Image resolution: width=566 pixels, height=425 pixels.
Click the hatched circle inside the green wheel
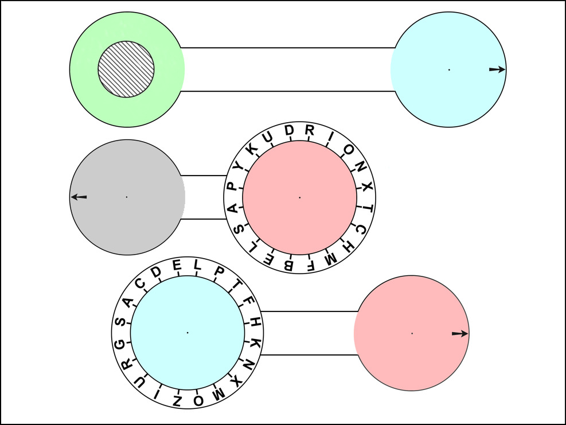click(126, 69)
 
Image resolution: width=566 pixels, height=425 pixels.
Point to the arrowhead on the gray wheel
click(74, 197)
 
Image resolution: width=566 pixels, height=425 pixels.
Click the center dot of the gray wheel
click(127, 197)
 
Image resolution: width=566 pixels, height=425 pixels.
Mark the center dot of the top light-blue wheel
click(449, 70)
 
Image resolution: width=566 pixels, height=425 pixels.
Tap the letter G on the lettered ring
click(120, 344)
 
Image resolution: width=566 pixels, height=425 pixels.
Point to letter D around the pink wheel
click(289, 130)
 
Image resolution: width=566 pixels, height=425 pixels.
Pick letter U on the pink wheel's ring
click(267, 138)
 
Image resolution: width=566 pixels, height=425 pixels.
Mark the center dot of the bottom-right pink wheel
click(412, 334)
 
